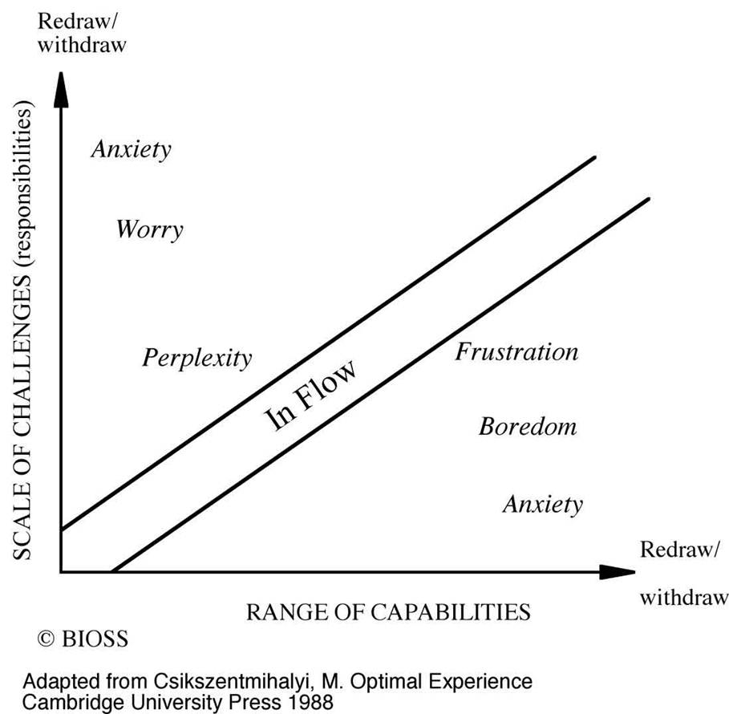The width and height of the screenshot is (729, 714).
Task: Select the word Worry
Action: [149, 229]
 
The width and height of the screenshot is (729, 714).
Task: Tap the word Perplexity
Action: [196, 357]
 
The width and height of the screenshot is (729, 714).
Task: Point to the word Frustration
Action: [516, 351]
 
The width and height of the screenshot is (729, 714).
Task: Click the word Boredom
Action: [527, 425]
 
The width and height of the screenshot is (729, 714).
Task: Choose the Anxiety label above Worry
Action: [131, 149]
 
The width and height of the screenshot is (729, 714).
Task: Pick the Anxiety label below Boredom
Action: [542, 504]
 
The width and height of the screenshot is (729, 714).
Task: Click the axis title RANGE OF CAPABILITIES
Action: [387, 612]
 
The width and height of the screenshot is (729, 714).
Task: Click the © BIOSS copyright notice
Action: [83, 639]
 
